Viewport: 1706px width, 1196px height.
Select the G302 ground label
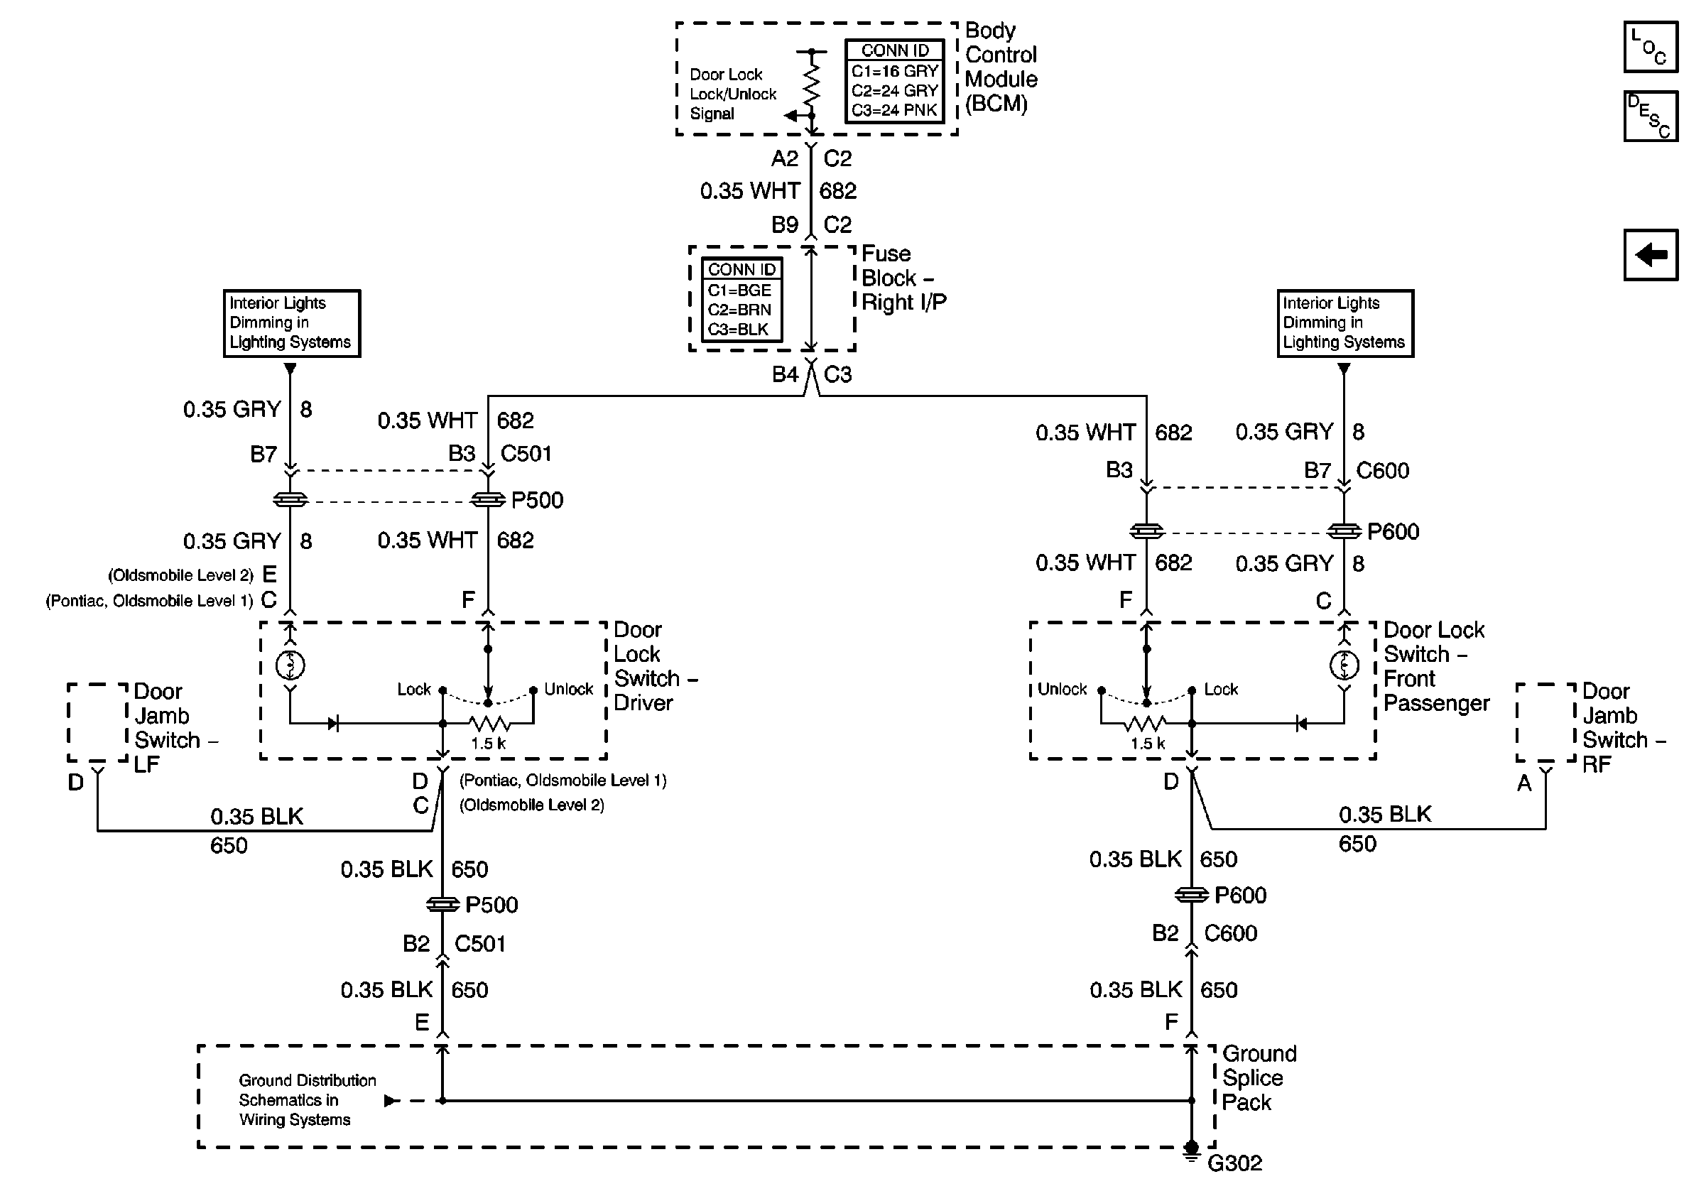[1234, 1163]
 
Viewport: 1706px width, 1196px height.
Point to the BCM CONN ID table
[895, 81]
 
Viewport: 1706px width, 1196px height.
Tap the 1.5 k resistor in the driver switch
[489, 723]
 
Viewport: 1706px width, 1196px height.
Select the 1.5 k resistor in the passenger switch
[1146, 723]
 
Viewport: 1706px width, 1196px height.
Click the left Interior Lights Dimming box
[291, 323]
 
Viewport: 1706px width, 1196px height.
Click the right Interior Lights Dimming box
[1344, 323]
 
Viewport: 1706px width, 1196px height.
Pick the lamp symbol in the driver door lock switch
[290, 665]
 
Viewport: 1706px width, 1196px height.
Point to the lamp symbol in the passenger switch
[1343, 665]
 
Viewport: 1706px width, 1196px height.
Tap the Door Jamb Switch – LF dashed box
[97, 722]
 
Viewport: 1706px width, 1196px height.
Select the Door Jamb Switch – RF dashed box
[1545, 722]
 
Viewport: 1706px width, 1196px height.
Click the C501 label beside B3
[526, 453]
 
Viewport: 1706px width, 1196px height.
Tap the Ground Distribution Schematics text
[306, 1099]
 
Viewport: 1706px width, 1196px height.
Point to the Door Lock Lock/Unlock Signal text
[731, 94]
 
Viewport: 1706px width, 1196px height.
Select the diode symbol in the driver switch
[333, 723]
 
